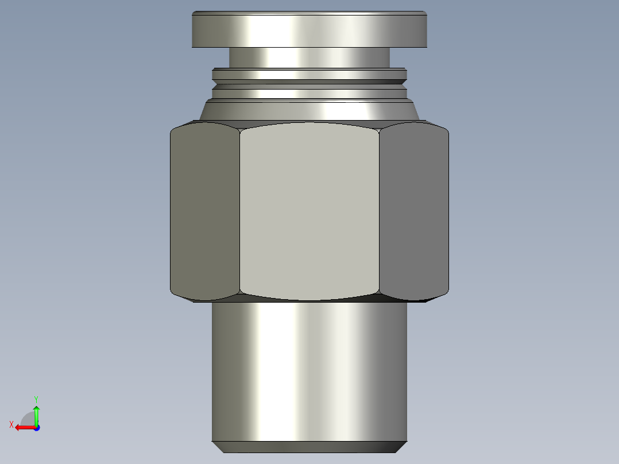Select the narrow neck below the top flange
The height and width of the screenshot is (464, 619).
coord(309,57)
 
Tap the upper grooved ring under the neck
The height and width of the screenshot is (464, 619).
coord(309,74)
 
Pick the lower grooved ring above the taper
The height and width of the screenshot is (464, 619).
coord(309,93)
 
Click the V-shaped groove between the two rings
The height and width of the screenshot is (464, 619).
coord(309,84)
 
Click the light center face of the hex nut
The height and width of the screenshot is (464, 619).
coord(309,211)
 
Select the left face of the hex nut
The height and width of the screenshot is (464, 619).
coord(205,211)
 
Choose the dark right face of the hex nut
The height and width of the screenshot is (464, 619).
coord(413,211)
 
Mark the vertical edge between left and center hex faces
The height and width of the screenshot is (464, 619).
coord(239,211)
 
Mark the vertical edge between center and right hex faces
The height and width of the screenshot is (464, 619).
coord(379,211)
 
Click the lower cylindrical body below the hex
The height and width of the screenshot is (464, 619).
coord(309,370)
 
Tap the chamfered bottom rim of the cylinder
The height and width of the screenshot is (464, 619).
coord(309,447)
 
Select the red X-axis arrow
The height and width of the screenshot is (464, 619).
coord(23,427)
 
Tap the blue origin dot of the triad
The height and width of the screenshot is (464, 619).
coord(36,427)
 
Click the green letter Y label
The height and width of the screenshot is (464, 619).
coord(36,399)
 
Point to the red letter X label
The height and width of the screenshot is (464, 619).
coord(11,424)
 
